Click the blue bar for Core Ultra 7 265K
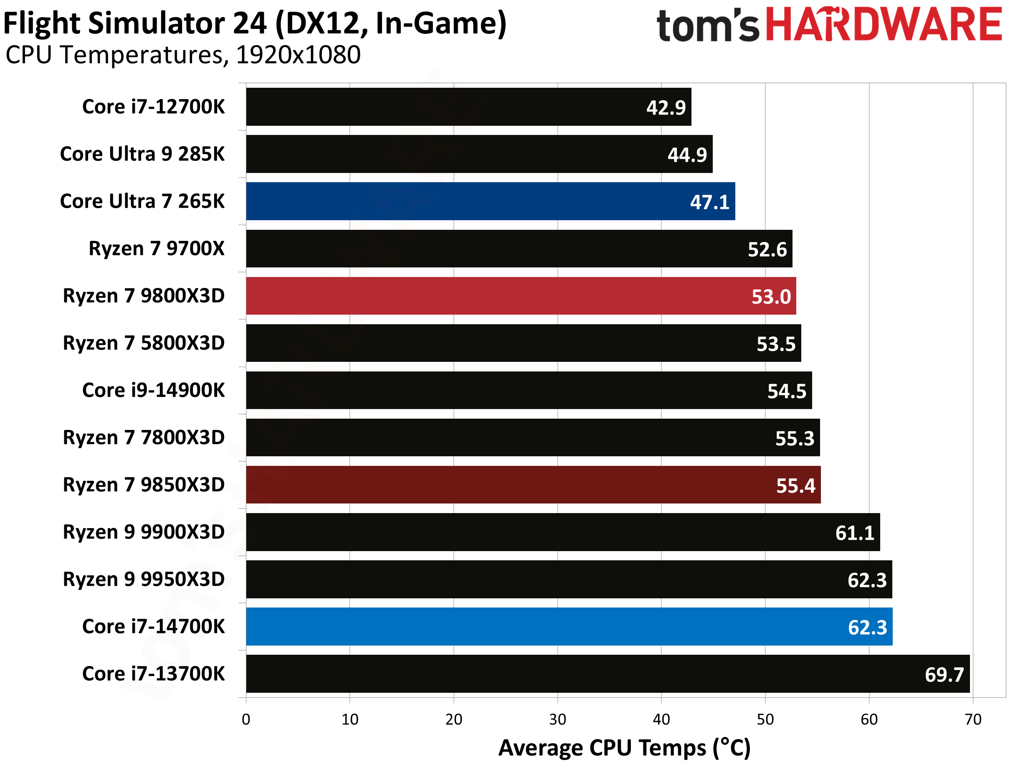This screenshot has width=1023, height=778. (491, 201)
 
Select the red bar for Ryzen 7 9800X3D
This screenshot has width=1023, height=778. (521, 296)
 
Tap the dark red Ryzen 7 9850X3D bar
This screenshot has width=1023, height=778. (532, 485)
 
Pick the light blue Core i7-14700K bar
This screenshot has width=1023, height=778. (569, 627)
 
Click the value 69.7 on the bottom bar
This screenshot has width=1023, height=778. (944, 675)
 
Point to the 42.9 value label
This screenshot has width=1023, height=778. (666, 108)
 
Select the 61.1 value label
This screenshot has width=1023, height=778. (855, 533)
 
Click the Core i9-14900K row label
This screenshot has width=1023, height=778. (153, 390)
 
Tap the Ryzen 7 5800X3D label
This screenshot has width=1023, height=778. (144, 343)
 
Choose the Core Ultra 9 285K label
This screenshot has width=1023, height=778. (142, 154)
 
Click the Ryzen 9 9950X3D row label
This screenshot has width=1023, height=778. (144, 580)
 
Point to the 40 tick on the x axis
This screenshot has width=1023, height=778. (661, 719)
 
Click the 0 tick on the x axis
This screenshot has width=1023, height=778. (246, 719)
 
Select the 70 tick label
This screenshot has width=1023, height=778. (972, 719)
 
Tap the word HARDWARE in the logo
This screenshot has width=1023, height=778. (883, 24)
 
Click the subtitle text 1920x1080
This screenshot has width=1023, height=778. (298, 55)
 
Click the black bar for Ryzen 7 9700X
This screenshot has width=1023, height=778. (518, 249)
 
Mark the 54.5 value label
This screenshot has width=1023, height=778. (787, 392)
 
